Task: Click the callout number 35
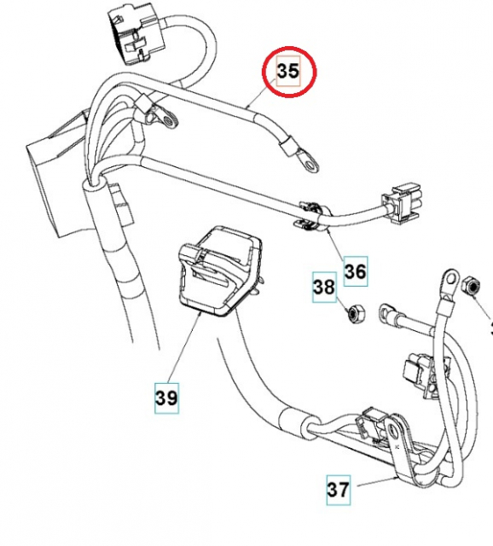coord(288,72)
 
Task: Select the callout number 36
coord(355,272)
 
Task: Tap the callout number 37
coord(339,490)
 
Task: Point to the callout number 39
coord(167,397)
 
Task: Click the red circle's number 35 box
coord(288,72)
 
